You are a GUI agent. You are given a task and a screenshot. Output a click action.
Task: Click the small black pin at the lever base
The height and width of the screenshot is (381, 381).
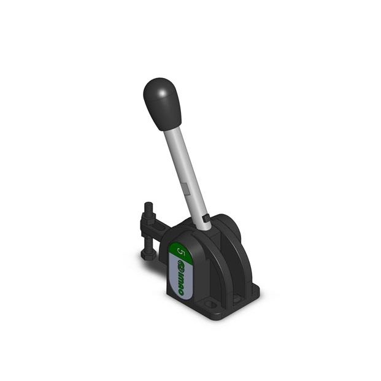(206, 217)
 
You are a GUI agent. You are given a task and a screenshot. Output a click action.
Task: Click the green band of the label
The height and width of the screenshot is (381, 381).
(182, 252)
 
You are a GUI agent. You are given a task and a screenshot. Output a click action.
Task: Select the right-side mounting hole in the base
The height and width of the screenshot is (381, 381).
(250, 291)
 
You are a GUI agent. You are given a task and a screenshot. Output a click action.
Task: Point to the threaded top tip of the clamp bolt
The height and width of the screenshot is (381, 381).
(148, 207)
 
